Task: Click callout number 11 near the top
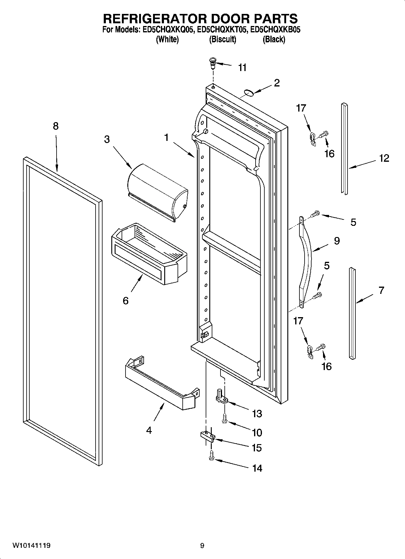(242, 67)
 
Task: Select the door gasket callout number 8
(56, 126)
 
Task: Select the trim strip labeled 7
(352, 313)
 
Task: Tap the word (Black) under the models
(274, 39)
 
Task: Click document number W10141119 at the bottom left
(31, 545)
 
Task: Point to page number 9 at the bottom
(202, 545)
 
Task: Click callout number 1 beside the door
(166, 138)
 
